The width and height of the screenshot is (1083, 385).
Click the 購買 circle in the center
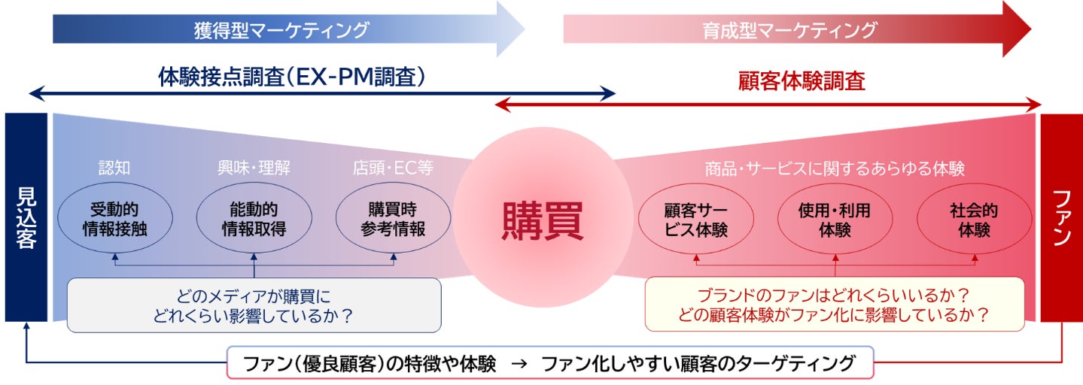click(542, 219)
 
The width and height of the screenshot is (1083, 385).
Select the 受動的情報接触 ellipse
click(114, 219)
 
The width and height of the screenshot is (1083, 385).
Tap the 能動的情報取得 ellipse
click(254, 219)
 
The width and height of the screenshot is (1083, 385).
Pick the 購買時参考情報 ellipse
click(393, 219)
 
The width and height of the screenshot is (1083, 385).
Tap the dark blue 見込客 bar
click(26, 217)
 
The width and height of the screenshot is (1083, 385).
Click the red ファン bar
click(1061, 217)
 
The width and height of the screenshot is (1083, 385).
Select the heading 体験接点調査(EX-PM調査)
click(292, 77)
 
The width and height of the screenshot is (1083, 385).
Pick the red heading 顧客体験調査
click(801, 80)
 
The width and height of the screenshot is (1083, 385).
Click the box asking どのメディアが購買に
click(254, 305)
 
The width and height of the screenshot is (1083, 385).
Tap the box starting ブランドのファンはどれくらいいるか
click(834, 304)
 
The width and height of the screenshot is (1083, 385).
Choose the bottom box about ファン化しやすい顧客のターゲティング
click(550, 363)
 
